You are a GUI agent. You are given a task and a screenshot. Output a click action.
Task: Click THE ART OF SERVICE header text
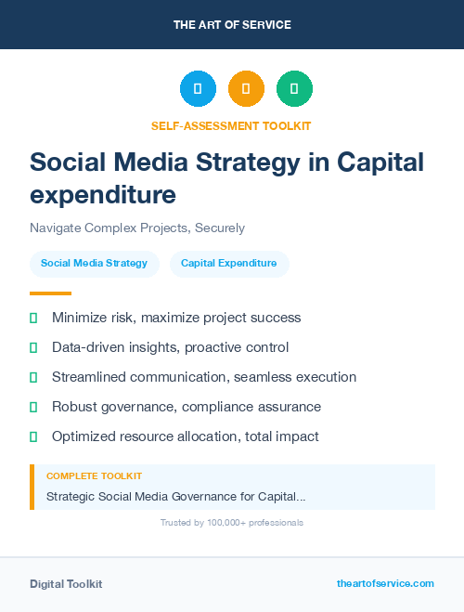(232, 25)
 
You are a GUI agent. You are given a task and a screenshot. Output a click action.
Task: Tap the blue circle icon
(198, 89)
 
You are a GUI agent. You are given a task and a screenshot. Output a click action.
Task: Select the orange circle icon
(246, 89)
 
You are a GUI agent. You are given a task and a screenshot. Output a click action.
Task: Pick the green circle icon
(294, 89)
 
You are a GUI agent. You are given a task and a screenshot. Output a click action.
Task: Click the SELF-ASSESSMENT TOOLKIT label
(231, 125)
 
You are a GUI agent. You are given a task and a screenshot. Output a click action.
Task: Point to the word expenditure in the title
(103, 195)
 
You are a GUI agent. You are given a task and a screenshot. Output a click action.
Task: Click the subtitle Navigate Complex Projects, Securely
(137, 228)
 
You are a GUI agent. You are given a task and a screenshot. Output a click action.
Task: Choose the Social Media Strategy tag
(94, 264)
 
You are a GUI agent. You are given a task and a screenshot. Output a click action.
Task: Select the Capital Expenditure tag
(228, 264)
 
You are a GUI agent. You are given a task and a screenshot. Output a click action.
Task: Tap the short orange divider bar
(37, 293)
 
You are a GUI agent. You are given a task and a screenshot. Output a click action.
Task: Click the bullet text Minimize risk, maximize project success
(176, 318)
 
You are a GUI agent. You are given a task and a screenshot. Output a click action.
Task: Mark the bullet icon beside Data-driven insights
(33, 347)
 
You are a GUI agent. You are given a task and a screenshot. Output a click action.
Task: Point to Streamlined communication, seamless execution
(204, 377)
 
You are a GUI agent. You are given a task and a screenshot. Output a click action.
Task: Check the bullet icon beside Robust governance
(33, 407)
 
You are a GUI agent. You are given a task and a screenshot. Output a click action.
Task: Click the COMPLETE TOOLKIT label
(94, 476)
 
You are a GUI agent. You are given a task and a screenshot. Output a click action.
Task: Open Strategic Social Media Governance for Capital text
(176, 497)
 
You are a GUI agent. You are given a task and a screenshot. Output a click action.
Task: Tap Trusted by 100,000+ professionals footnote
(232, 523)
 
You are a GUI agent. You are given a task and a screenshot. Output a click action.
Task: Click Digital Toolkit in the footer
(66, 584)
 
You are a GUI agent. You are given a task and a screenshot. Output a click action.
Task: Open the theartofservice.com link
(385, 583)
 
